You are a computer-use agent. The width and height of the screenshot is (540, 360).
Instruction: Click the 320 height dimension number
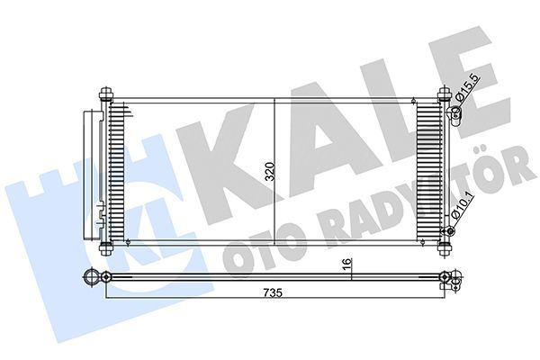(269, 171)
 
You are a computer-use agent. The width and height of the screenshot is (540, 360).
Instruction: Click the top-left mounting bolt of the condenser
(107, 93)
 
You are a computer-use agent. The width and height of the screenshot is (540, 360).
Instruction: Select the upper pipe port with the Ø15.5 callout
(454, 112)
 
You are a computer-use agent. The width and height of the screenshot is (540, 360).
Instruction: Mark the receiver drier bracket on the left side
(92, 171)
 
